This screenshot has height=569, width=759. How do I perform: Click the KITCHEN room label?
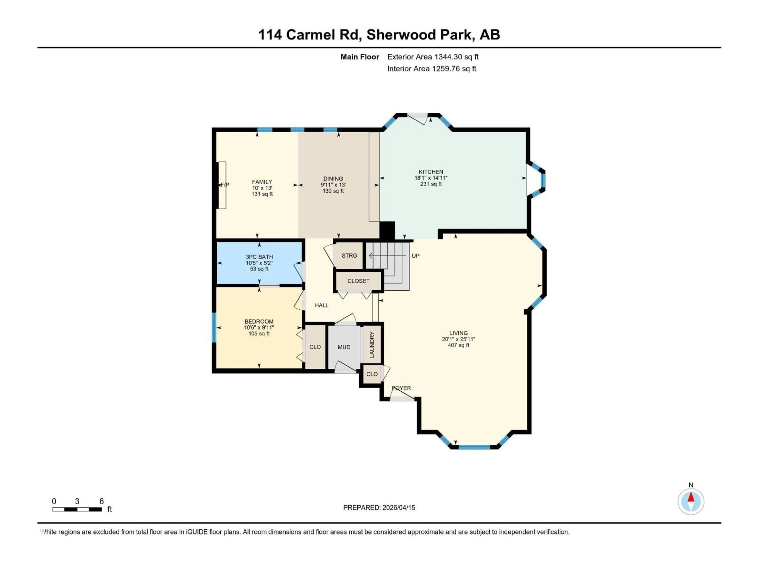point(431,172)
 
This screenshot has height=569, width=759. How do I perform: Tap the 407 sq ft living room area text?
point(458,345)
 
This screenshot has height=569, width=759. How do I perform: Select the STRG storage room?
point(349,255)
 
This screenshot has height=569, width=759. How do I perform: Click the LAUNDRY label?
point(372,344)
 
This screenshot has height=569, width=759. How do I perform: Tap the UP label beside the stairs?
point(415,256)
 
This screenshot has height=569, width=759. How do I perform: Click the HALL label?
point(322,305)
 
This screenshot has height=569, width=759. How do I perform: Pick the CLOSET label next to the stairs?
point(358,281)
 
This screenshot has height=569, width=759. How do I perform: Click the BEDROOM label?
point(259,321)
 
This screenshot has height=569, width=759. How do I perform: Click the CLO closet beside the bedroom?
point(315,347)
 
